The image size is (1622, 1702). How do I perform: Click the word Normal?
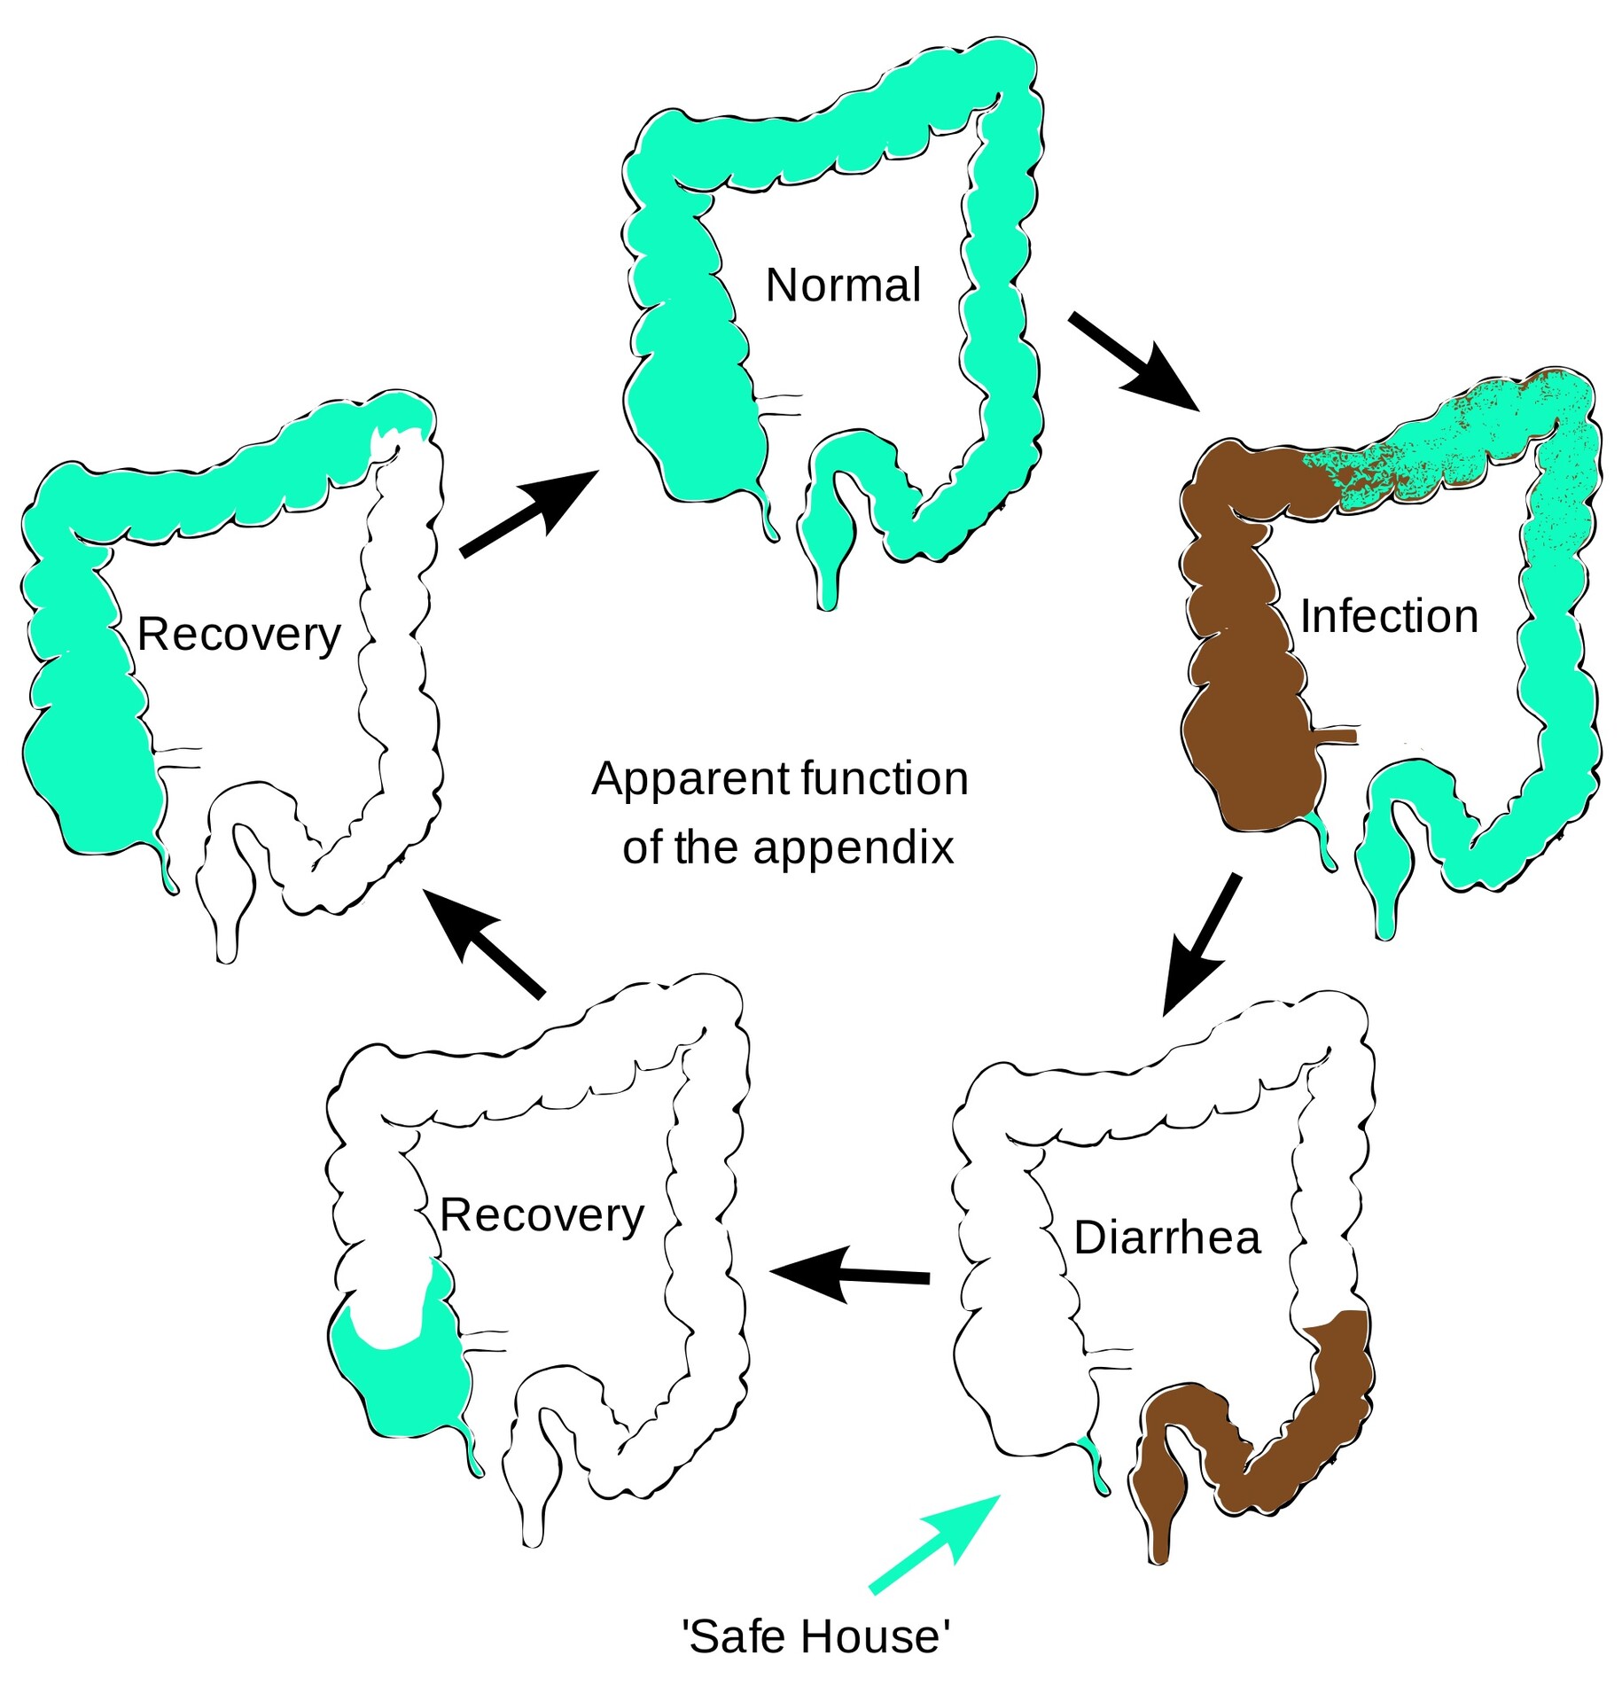pos(842,285)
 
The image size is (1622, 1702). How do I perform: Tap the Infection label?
pos(1388,616)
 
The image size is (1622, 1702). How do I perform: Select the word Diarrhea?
pos(1166,1237)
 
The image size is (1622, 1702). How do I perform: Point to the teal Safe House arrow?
pos(935,1543)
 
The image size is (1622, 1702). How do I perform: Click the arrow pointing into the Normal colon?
pos(528,514)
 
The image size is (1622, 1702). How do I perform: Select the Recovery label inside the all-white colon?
pos(542,1215)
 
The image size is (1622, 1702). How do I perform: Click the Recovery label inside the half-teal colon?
pos(238,635)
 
